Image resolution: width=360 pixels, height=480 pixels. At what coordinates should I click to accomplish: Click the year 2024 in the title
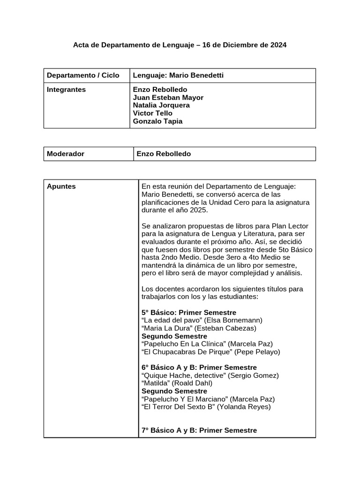[277, 45]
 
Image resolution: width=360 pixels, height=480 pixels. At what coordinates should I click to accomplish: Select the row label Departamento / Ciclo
[83, 75]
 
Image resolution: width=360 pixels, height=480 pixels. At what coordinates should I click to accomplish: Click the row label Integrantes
[67, 90]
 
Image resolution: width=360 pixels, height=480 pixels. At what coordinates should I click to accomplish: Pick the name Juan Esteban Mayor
[168, 97]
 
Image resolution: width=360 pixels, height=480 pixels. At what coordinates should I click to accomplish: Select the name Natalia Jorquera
[161, 105]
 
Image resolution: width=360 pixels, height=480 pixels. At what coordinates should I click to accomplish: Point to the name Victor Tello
[153, 113]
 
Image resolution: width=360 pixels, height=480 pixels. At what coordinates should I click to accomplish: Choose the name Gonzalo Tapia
[158, 121]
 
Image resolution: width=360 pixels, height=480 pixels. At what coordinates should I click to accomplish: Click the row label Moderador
[66, 154]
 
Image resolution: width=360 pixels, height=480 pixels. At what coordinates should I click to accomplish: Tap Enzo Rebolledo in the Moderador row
[164, 154]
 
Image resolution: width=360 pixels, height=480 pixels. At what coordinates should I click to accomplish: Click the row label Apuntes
[61, 187]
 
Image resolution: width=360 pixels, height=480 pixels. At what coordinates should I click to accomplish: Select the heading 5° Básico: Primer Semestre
[188, 313]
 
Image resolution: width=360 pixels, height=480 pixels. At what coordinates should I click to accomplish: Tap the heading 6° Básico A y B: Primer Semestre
[199, 367]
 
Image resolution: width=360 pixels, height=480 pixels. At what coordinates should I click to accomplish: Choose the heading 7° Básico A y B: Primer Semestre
[199, 430]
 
